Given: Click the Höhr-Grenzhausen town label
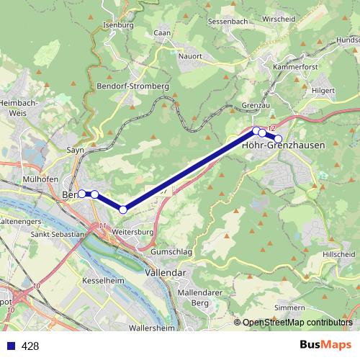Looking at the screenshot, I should coord(284,145).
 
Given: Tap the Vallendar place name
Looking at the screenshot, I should coord(166,274).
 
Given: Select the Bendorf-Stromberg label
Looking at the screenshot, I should coord(132,86).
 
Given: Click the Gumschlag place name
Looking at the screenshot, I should coord(171,253).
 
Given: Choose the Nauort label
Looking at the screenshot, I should coord(190,54).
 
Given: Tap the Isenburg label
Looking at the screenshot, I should coord(120,25).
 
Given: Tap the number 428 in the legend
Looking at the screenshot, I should coord(30,346).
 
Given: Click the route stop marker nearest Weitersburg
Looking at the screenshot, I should coord(123,210).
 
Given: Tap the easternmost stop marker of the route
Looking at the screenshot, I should coord(279,138).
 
